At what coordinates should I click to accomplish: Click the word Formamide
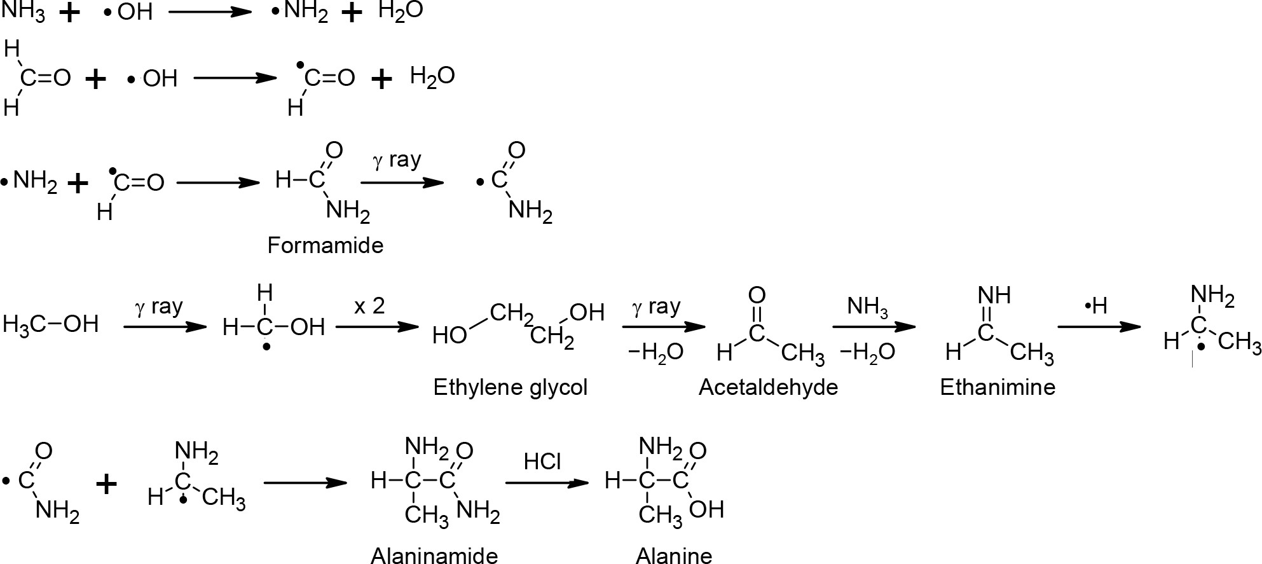tap(325, 245)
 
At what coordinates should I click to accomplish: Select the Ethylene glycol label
tap(510, 387)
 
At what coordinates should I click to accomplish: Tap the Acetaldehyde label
tap(768, 387)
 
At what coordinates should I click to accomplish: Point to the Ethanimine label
tap(997, 387)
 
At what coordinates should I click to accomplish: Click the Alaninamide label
tap(434, 556)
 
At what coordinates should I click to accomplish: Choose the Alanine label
tap(674, 556)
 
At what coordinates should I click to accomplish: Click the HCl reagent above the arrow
tap(542, 462)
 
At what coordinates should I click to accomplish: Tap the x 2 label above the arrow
tap(369, 306)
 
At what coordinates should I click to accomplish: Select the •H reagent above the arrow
tap(1096, 306)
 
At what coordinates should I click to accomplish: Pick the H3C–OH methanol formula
tap(51, 325)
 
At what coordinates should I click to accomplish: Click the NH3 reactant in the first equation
tap(24, 12)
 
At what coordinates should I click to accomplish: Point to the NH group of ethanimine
tap(994, 295)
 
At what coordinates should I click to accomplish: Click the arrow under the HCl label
tap(546, 483)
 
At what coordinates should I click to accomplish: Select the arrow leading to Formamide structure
tap(218, 183)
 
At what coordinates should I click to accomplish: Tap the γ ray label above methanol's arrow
tap(159, 307)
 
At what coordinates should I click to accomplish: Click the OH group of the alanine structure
tap(706, 509)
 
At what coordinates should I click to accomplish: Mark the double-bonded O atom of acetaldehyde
tap(757, 295)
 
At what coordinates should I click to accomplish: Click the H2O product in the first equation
tap(400, 12)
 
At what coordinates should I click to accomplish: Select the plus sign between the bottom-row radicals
tap(107, 485)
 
